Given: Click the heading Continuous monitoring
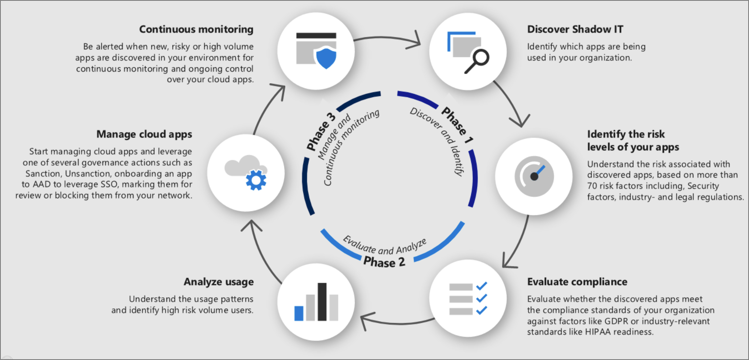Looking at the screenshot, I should tap(196, 29).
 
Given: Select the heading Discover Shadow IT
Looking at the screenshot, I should tap(575, 29).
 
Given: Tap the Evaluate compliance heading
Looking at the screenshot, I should tap(577, 282).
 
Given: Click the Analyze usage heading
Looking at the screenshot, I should tap(218, 282).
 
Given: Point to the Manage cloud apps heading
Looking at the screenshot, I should tap(144, 134).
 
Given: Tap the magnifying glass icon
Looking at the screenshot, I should tap(477, 61).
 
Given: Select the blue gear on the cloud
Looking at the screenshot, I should tap(256, 180).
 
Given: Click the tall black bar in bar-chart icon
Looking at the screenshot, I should tap(322, 302).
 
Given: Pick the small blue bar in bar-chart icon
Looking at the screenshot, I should tap(299, 313).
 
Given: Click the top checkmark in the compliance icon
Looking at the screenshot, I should tap(482, 286).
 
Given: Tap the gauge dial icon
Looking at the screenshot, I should tap(534, 176).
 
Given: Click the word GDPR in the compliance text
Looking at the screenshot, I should tap(616, 321).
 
